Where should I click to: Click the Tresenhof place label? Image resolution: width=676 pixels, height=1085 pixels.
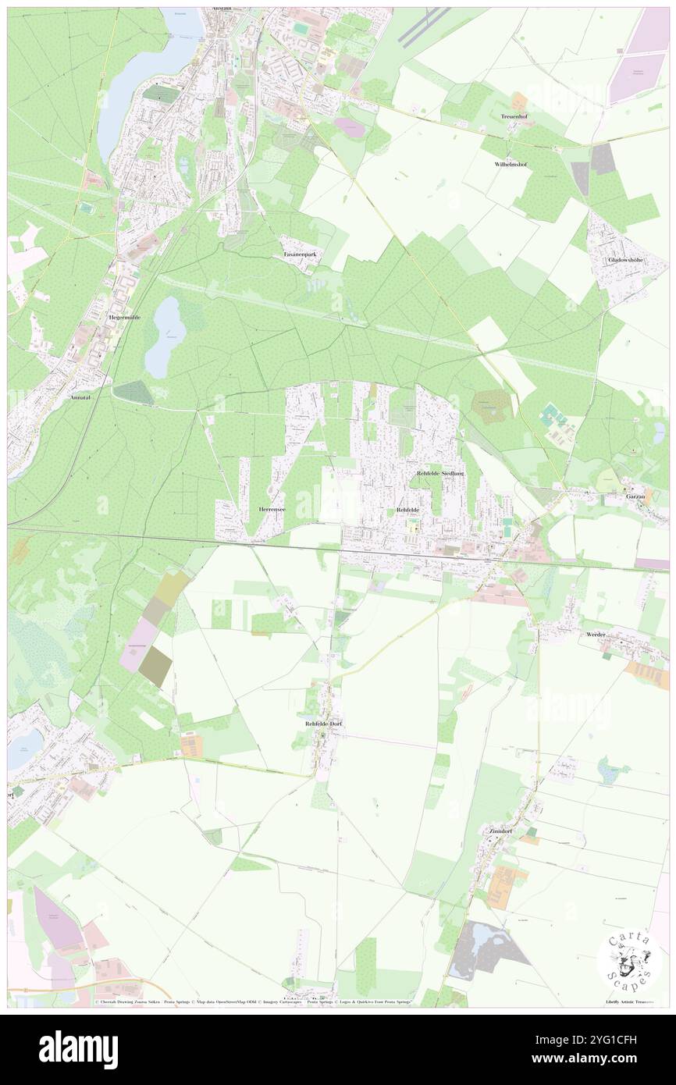click(x=516, y=116)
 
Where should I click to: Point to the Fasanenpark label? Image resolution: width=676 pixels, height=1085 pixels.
click(x=300, y=255)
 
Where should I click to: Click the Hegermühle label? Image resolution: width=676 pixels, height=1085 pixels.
click(x=124, y=318)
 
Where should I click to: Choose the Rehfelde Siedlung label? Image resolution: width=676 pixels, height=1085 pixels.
click(x=440, y=474)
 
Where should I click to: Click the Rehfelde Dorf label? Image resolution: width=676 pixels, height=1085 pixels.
click(x=323, y=724)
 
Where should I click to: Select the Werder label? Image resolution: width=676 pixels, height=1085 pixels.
click(x=596, y=635)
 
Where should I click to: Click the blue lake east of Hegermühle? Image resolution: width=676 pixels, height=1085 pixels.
click(x=164, y=336)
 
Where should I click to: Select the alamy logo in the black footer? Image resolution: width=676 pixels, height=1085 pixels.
click(x=78, y=1048)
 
